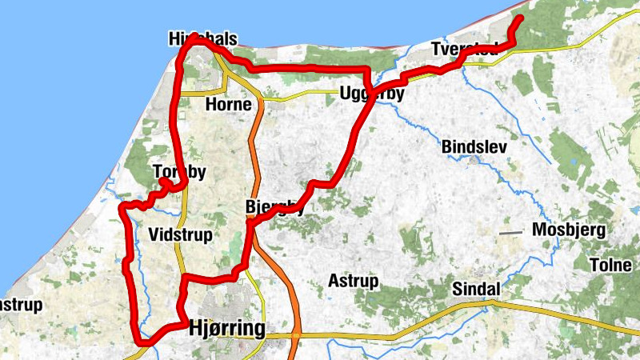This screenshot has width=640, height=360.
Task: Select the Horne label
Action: pos(228,105)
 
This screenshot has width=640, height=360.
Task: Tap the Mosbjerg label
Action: pos(570,231)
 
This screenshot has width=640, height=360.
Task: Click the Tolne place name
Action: pos(610,266)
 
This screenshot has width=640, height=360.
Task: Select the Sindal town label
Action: pos(475,289)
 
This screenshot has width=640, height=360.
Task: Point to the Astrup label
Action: pos(353,281)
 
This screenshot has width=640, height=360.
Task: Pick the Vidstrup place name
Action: pos(179,234)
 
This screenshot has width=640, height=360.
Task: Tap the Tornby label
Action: pos(179,172)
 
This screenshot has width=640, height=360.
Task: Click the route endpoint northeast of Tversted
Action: pos(519,18)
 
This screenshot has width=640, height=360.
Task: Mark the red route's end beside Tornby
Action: pos(162,182)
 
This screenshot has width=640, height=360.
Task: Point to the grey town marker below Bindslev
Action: pos(475,159)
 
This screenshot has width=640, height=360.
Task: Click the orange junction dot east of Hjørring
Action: pos(296,335)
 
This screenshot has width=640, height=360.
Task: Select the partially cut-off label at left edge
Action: pos(20,306)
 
